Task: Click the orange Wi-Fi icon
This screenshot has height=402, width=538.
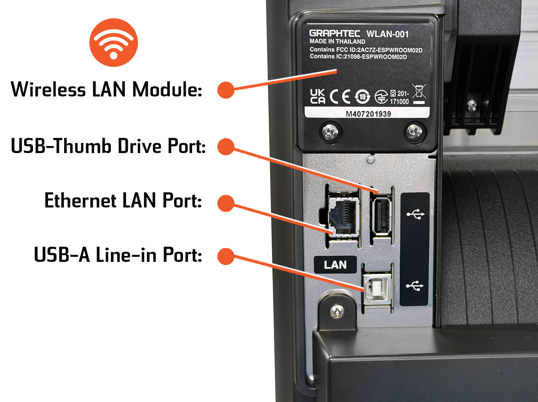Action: tap(113, 43)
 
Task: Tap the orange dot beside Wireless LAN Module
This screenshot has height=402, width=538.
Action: tap(226, 90)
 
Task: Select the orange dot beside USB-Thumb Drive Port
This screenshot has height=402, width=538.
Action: tap(226, 146)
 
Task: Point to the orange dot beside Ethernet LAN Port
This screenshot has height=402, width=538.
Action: tap(226, 203)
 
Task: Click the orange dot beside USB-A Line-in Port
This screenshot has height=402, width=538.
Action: tap(226, 256)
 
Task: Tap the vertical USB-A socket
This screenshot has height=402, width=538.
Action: tap(382, 216)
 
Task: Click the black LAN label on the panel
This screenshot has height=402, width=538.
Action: tap(335, 265)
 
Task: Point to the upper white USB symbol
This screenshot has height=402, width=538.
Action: tap(415, 214)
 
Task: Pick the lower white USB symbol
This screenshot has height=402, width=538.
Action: tap(415, 286)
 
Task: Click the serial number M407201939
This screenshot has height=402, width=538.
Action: tap(368, 114)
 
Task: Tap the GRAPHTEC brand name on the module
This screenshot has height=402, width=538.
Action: tap(335, 33)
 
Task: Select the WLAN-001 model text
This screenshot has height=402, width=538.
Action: tap(387, 34)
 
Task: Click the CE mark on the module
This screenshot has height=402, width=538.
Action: tap(340, 97)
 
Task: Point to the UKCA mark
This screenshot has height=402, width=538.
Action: tap(317, 96)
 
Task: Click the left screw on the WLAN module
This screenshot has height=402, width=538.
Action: tap(330, 132)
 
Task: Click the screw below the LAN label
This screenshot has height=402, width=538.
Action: tap(337, 312)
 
